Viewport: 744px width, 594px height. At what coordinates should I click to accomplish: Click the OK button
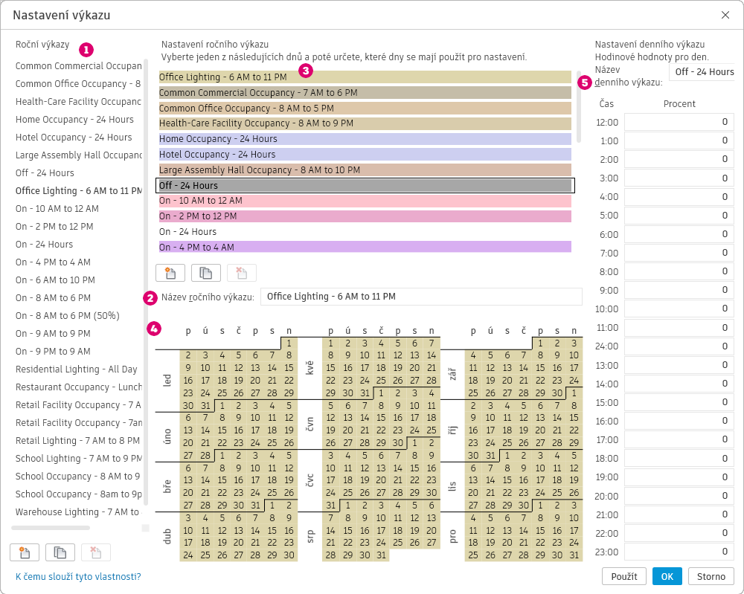667,576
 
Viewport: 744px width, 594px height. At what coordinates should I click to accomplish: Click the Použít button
624,576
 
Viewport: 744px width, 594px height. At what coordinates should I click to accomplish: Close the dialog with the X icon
725,15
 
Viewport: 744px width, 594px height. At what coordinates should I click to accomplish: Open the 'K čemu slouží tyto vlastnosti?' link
78,576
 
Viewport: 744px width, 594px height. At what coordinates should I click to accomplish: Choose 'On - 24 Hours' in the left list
45,245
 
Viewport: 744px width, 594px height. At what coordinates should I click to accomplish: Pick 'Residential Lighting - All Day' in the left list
77,369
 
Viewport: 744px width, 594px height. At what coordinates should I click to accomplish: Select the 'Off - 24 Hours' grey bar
365,185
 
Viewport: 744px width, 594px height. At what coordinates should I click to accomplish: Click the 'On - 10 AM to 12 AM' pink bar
365,201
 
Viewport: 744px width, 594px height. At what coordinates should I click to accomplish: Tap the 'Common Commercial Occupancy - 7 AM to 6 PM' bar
365,93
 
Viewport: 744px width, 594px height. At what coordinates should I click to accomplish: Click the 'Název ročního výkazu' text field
421,297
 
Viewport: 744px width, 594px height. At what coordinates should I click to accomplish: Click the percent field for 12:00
679,122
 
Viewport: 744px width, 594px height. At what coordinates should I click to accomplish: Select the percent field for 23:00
679,552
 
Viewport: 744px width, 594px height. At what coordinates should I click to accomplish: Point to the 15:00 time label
608,402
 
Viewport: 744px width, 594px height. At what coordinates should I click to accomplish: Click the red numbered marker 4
154,328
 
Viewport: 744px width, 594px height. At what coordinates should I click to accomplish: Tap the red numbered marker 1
86,50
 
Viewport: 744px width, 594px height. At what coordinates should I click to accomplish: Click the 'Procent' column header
679,103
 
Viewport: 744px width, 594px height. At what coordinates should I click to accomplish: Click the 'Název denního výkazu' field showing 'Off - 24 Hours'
703,72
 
